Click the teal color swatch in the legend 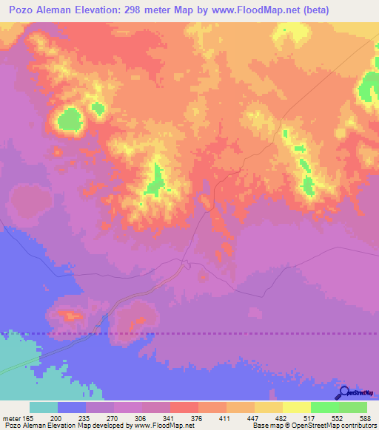tap(43, 407)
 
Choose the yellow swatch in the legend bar tap(296, 407)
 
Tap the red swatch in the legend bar tap(184, 407)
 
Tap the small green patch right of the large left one tap(97, 109)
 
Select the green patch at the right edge tap(369, 87)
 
